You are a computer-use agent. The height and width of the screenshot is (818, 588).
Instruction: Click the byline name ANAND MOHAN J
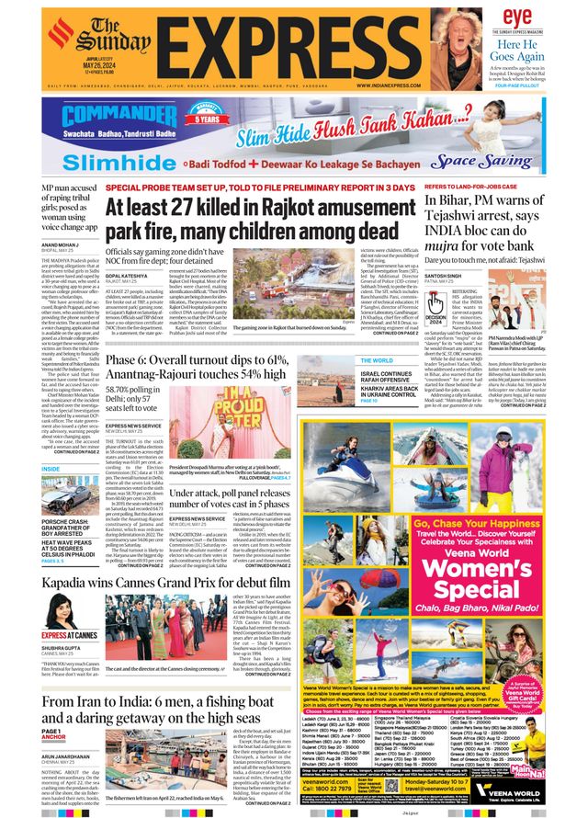pos(64,245)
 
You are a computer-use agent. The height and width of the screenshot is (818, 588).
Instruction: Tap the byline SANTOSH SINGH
pos(444,275)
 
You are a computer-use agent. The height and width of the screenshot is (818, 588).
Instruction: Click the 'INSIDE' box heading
pos(51,468)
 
